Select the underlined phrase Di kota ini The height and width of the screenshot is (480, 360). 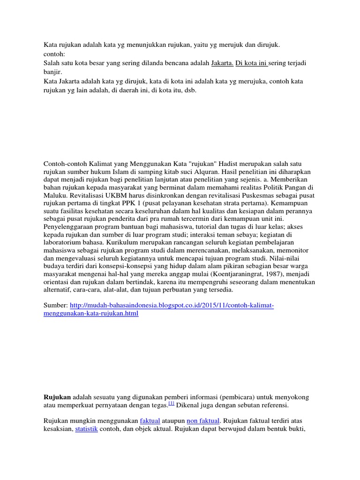251,62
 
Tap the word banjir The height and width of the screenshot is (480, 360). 52,72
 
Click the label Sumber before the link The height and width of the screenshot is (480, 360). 55,305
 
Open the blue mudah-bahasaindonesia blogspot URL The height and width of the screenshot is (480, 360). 172,305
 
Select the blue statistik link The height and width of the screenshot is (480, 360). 86,429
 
